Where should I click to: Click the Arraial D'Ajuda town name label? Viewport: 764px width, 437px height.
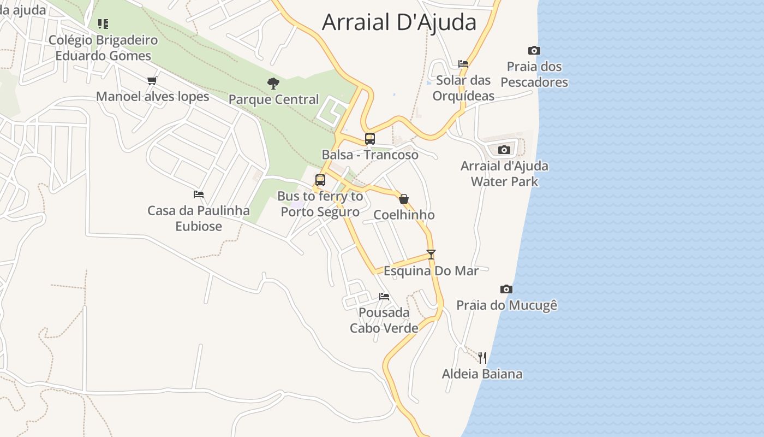[399, 22]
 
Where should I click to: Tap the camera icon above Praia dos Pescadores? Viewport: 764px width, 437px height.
[534, 51]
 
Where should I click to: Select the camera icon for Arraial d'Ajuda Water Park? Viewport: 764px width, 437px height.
[504, 150]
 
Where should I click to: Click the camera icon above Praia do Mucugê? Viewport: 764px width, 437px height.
[506, 289]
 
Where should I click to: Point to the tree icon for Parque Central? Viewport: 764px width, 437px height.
[273, 84]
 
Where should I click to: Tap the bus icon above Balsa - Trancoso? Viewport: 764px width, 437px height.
[370, 139]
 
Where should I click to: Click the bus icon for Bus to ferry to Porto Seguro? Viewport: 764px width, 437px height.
[320, 180]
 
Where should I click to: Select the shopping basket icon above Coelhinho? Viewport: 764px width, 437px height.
[404, 199]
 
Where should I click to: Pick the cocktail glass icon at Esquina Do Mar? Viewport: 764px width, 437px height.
[431, 254]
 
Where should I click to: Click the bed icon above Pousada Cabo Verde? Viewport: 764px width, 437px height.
[384, 297]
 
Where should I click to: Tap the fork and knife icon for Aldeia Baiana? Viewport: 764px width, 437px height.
[482, 358]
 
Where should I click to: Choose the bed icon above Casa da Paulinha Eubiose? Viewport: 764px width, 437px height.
[199, 194]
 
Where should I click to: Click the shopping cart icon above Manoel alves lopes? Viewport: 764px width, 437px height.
[152, 81]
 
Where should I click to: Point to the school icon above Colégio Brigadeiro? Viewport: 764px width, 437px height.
[103, 24]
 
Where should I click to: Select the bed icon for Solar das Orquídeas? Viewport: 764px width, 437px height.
[463, 64]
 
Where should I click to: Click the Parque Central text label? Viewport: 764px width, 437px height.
[273, 99]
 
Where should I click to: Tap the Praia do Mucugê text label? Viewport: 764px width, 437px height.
[506, 305]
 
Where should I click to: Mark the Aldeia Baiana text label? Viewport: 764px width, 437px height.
[482, 374]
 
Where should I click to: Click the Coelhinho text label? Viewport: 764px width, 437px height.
[404, 215]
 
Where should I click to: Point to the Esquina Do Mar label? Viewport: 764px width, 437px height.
[431, 271]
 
